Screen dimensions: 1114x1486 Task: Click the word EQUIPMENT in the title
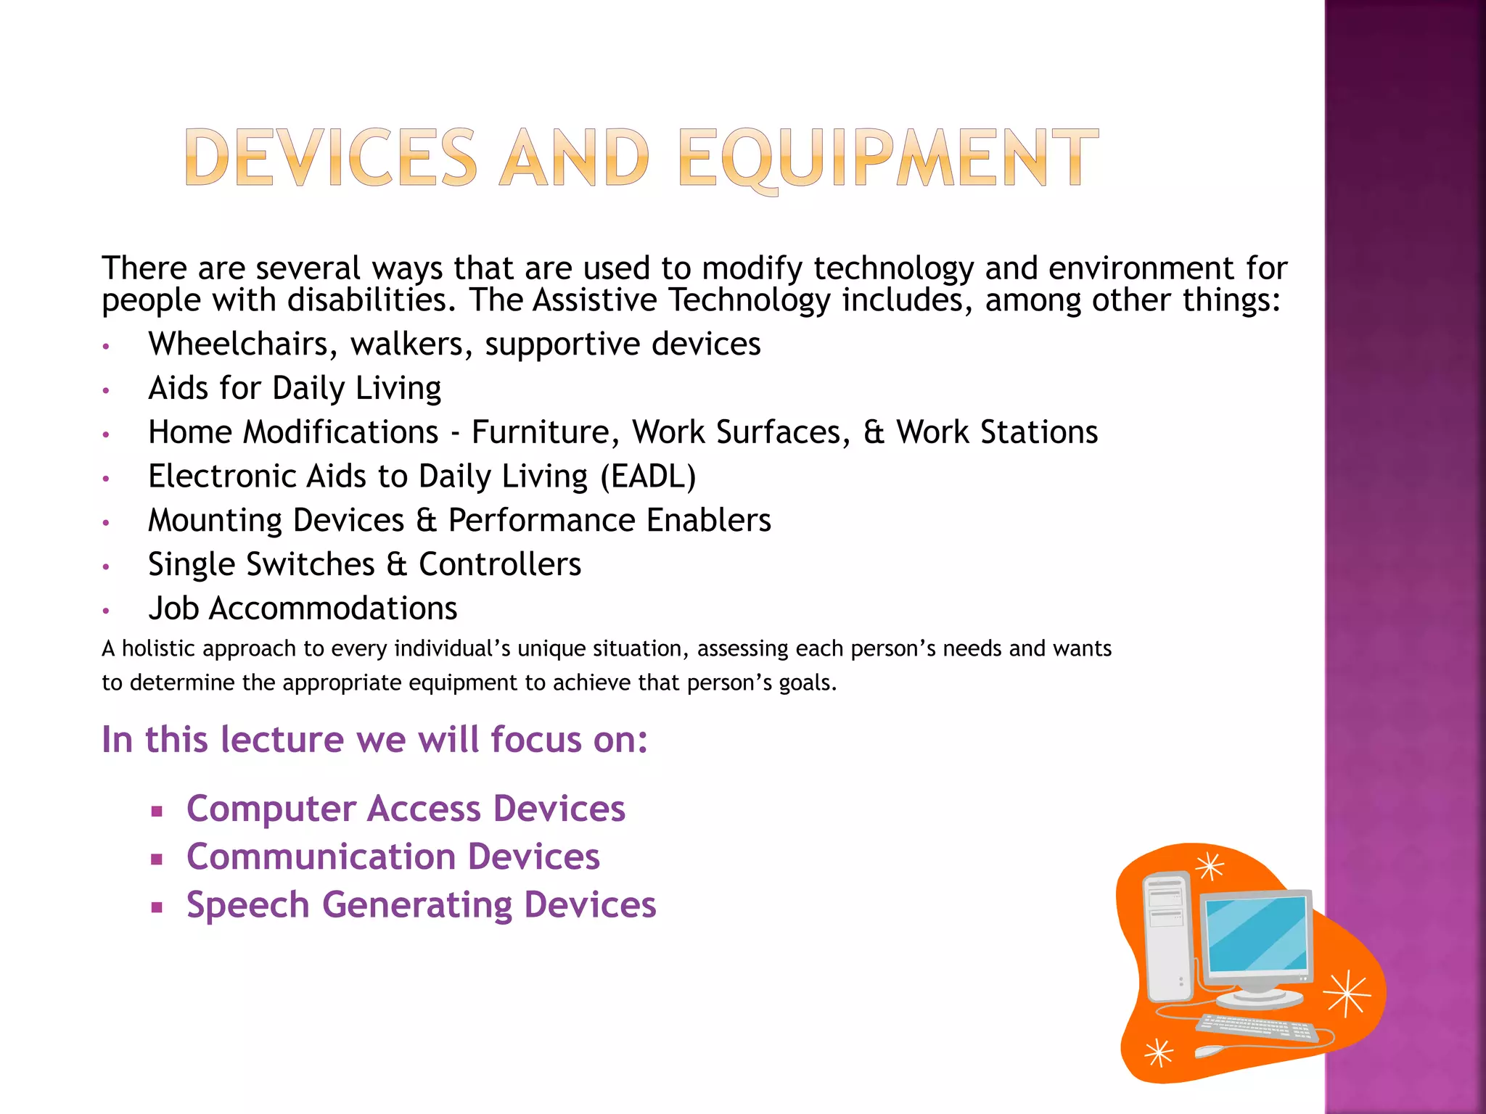point(888,158)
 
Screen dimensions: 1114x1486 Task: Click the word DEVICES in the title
point(331,158)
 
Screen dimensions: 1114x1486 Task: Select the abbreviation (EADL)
point(648,476)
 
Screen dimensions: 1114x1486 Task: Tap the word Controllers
point(500,564)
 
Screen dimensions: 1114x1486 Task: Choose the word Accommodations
point(333,608)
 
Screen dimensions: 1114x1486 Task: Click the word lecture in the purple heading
point(283,740)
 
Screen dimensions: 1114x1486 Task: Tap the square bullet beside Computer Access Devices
point(156,811)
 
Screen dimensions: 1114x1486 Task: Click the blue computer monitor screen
point(1257,934)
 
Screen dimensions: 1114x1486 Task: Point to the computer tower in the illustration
point(1168,936)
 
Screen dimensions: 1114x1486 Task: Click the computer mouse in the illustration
point(1211,1051)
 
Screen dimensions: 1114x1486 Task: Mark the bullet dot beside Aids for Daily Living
point(106,390)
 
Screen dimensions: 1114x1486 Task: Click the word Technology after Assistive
point(749,300)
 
